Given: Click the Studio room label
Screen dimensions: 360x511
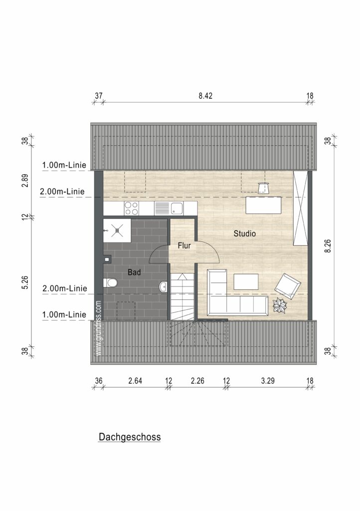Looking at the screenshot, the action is click(x=245, y=234).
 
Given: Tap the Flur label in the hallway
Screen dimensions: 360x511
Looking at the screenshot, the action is click(x=184, y=246).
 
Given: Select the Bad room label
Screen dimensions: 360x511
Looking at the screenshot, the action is click(x=134, y=272).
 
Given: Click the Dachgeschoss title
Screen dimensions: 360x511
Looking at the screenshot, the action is click(x=130, y=437).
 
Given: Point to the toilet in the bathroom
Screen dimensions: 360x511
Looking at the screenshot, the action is click(x=110, y=282).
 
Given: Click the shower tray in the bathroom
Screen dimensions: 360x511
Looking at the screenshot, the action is click(x=117, y=231).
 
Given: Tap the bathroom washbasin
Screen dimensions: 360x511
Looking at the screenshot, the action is click(x=164, y=287).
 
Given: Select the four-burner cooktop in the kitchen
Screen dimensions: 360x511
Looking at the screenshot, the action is click(x=132, y=208).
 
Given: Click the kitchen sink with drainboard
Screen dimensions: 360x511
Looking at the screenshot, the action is click(x=169, y=208).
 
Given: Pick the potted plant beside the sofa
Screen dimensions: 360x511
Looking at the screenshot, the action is click(x=280, y=305).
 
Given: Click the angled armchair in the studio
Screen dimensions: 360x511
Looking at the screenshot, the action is click(x=287, y=286).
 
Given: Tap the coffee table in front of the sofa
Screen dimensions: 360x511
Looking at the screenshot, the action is click(x=246, y=281).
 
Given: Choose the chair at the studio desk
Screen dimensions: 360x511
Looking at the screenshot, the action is click(x=263, y=188).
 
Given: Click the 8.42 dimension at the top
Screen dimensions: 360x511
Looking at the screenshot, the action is click(x=205, y=96).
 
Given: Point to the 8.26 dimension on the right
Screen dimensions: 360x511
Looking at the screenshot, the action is click(x=328, y=246).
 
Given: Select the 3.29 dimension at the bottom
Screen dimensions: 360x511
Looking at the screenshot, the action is click(x=268, y=381).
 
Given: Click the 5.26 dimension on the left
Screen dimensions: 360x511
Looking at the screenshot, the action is click(x=26, y=282).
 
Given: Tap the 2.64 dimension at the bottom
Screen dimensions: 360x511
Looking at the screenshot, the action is click(x=135, y=381).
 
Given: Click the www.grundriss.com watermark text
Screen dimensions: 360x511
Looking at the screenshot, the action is click(x=99, y=328).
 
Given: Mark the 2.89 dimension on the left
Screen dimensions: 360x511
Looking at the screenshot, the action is click(x=26, y=180).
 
